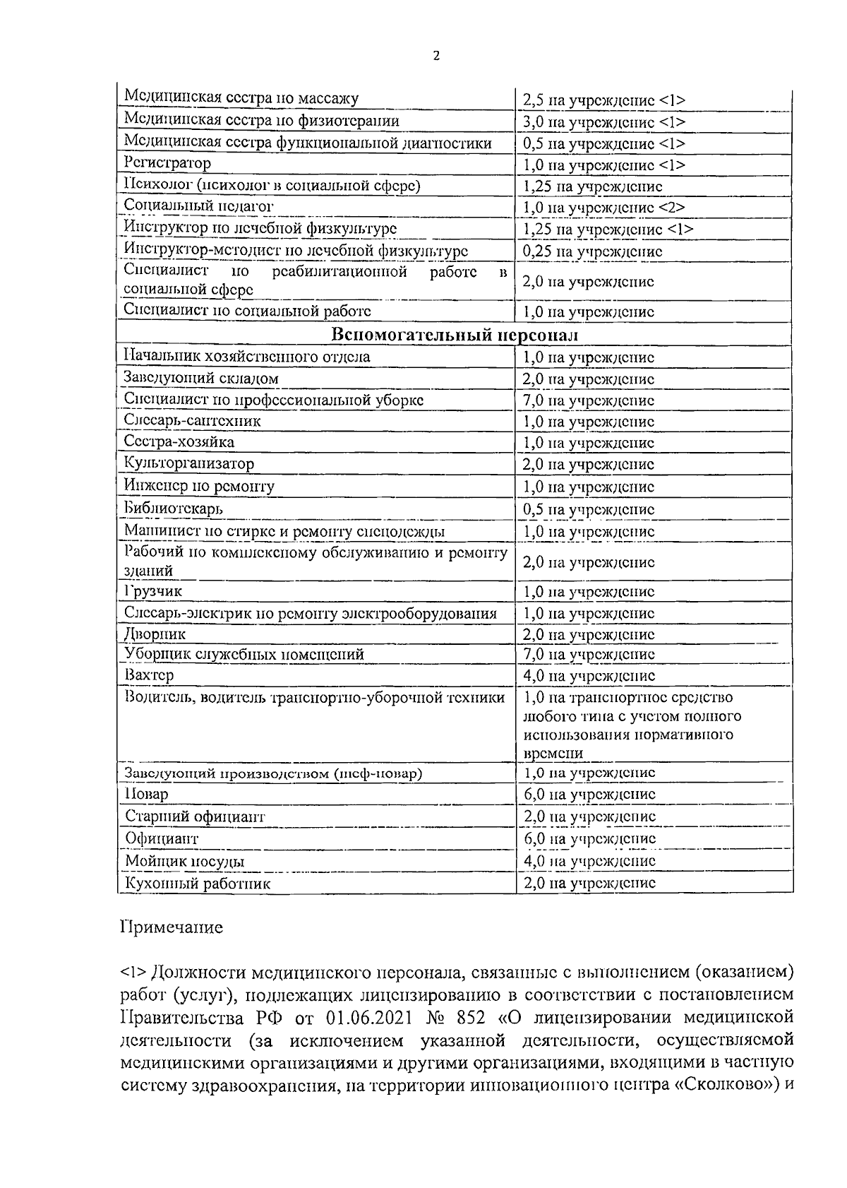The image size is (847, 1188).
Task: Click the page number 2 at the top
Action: (435, 57)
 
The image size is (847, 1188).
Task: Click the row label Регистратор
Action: (167, 164)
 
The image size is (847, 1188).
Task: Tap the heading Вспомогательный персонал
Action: (455, 334)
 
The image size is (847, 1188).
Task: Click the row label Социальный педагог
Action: (198, 206)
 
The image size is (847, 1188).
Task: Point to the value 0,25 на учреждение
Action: (592, 251)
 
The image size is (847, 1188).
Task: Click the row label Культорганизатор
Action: (189, 464)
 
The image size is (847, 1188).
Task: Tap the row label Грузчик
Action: (153, 591)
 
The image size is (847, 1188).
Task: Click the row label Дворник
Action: (155, 634)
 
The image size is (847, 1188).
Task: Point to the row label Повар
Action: (147, 795)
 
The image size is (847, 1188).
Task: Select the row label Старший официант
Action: (195, 816)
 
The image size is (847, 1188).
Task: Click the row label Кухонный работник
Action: (198, 884)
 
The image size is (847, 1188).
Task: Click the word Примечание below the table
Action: (172, 927)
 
